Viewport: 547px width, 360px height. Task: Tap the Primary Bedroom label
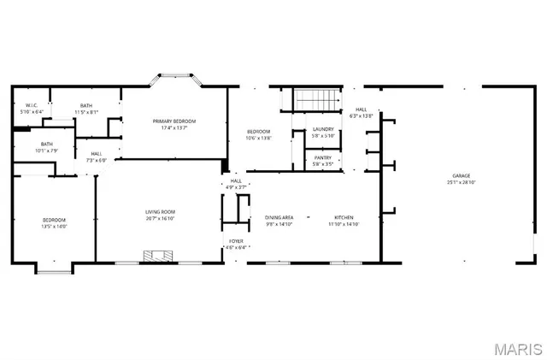coord(174,121)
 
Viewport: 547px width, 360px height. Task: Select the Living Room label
coord(159,212)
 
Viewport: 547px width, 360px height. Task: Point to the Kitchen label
coord(344,218)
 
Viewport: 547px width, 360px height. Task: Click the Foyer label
coord(236,242)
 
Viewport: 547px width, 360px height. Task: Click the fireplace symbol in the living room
coord(159,256)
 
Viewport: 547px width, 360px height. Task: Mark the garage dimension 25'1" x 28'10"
coord(459,183)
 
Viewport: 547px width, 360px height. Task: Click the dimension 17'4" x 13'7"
coord(174,128)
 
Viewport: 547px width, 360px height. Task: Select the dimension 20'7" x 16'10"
coord(159,218)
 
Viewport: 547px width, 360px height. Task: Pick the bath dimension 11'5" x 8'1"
coord(86,112)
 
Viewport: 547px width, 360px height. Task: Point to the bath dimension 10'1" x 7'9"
coord(45,150)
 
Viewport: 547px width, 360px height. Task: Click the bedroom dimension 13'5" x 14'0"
coord(53,227)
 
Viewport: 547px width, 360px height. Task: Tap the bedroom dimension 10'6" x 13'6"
coord(258,138)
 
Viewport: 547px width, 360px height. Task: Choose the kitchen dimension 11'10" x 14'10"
coord(344,224)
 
